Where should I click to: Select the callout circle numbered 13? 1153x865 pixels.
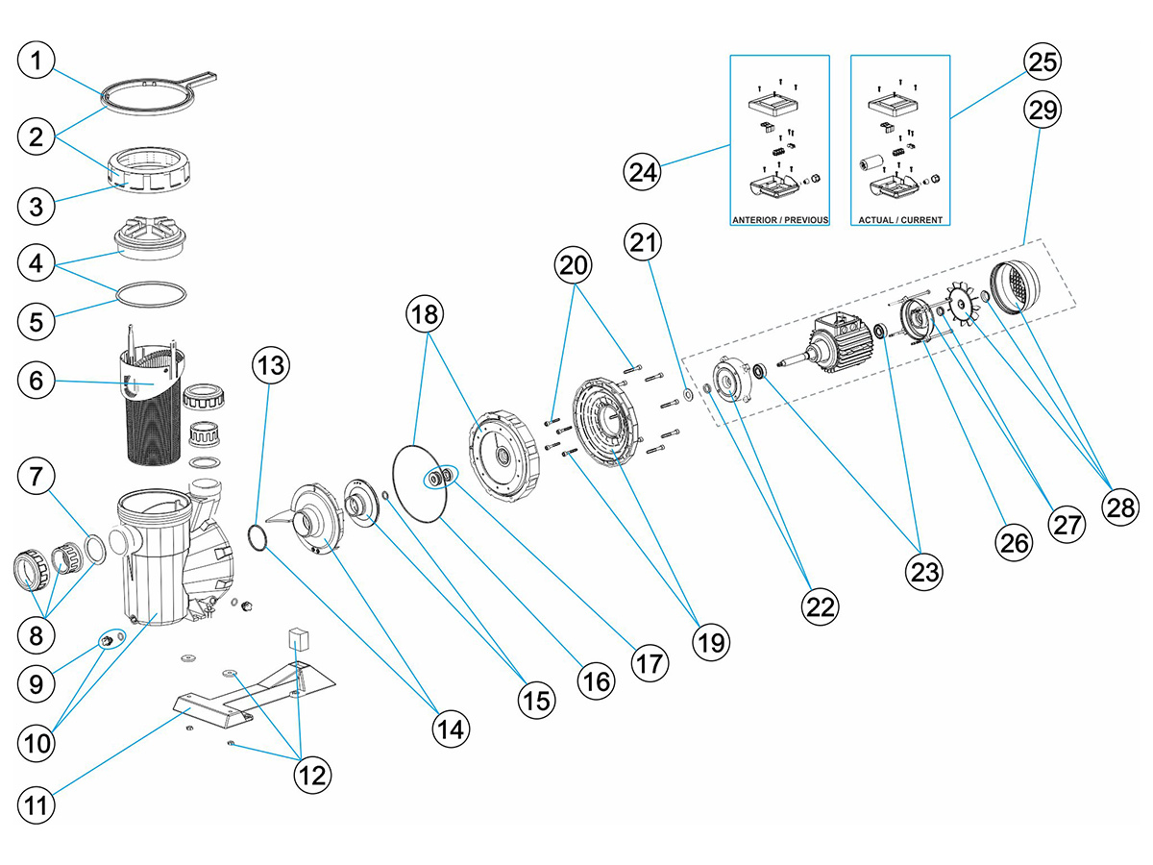click(x=270, y=365)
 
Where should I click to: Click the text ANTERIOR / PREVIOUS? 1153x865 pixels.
click(x=779, y=219)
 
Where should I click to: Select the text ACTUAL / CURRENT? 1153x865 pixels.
click(x=899, y=219)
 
